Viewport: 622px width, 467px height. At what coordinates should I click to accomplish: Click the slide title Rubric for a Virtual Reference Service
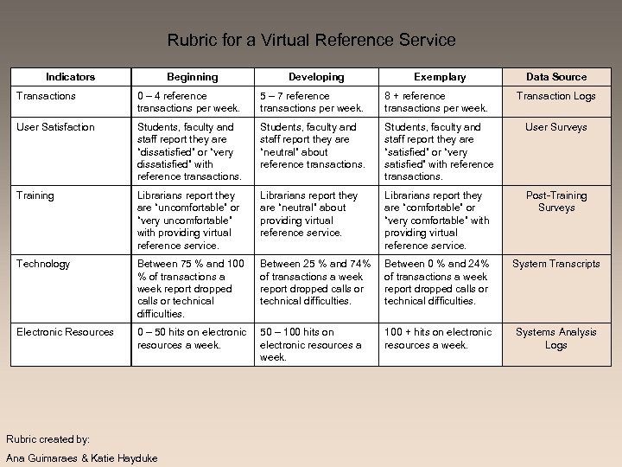click(311, 40)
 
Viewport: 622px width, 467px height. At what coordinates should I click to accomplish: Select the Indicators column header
click(71, 77)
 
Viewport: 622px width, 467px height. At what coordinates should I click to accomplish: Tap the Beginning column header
click(192, 77)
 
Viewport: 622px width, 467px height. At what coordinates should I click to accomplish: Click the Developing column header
click(315, 77)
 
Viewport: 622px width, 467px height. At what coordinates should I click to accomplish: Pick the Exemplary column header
click(440, 77)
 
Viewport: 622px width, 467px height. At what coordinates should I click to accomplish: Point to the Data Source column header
click(556, 77)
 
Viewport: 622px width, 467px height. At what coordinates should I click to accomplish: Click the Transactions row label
click(46, 96)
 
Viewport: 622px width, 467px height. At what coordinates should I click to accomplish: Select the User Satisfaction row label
click(55, 127)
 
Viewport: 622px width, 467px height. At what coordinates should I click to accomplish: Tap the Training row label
click(35, 195)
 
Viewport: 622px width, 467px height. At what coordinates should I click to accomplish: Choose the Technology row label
click(43, 264)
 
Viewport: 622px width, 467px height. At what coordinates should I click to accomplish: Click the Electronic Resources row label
click(65, 332)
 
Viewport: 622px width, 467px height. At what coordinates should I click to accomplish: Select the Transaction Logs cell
click(556, 96)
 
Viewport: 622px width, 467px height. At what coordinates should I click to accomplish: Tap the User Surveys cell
click(556, 127)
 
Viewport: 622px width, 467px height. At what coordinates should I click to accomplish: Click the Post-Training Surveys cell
click(556, 202)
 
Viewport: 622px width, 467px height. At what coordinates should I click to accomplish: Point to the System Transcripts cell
click(556, 264)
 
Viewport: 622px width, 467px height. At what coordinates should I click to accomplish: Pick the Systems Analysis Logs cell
click(556, 338)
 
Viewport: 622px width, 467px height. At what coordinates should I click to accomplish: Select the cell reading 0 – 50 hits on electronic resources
click(192, 338)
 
